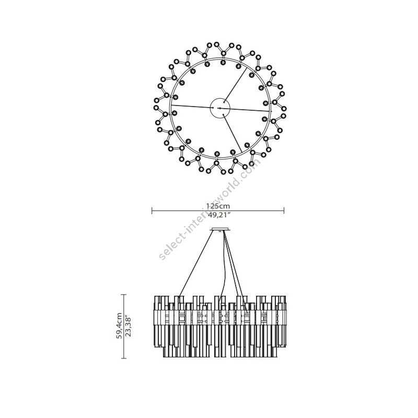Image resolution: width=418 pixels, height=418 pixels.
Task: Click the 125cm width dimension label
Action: (x=218, y=206)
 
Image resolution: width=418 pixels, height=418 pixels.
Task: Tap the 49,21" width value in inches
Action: (x=218, y=215)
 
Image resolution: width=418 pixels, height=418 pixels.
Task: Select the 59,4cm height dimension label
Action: (x=119, y=326)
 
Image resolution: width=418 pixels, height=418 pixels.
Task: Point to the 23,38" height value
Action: (x=128, y=326)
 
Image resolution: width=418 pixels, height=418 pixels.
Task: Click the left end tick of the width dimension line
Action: (x=152, y=211)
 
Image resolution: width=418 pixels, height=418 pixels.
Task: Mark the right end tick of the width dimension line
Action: (x=284, y=211)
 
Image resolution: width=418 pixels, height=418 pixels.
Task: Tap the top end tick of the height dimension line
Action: (x=123, y=295)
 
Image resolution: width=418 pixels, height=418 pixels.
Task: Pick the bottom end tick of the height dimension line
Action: (x=123, y=358)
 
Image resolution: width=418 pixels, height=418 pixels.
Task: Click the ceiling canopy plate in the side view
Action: (x=219, y=229)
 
